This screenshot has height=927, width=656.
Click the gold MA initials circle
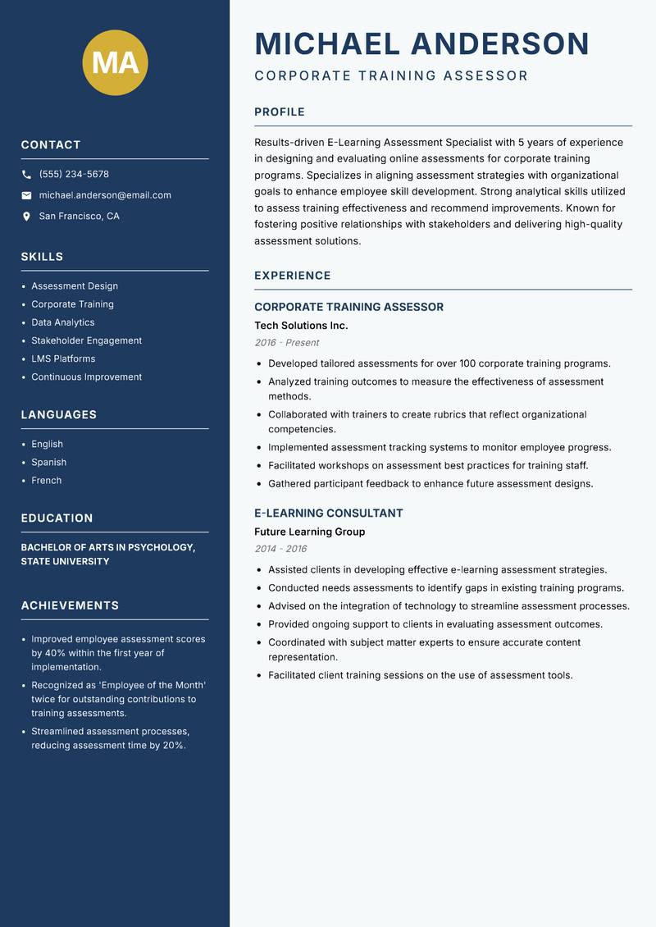tap(116, 63)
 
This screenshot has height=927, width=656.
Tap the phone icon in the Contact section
tap(26, 175)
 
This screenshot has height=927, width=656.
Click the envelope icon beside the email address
tap(26, 195)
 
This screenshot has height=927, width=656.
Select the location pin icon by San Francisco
tap(26, 217)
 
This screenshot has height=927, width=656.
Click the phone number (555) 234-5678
tap(74, 174)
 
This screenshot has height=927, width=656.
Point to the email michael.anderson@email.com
tap(105, 195)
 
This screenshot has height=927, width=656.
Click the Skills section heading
tap(42, 257)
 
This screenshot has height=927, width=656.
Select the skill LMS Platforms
tap(63, 358)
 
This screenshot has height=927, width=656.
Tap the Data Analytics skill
tap(63, 322)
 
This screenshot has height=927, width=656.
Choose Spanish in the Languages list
tap(49, 462)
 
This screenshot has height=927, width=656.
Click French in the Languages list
tap(47, 480)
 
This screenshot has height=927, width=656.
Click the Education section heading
tap(57, 518)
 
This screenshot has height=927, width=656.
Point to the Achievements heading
tap(70, 605)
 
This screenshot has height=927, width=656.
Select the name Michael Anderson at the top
tap(421, 43)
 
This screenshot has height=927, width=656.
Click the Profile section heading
tap(279, 112)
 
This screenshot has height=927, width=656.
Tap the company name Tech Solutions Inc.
tap(301, 326)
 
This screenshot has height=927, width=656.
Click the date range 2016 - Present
tap(286, 343)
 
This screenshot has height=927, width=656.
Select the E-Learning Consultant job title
tap(328, 514)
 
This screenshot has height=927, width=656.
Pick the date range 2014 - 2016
tap(280, 549)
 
